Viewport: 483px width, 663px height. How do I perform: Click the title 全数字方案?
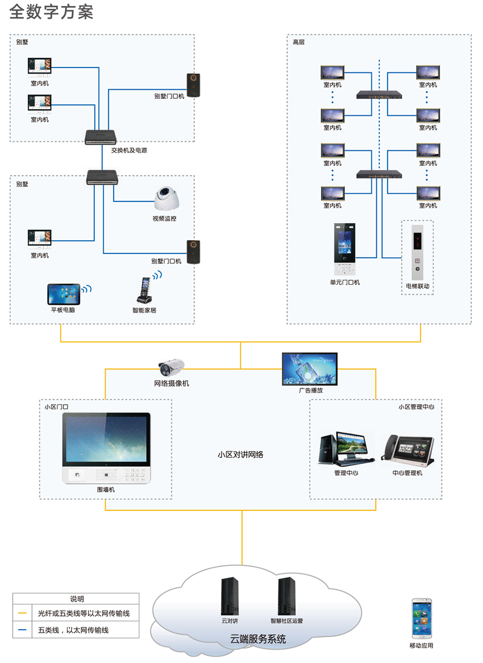coord(52,13)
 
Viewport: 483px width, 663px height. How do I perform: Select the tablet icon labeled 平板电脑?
coord(63,294)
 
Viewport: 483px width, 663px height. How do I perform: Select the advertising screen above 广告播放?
coord(310,369)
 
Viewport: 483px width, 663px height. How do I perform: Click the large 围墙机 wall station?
coord(106,448)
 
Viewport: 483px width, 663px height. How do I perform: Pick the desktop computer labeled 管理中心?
coord(343,449)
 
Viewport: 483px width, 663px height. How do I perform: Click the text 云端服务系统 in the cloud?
coord(258,639)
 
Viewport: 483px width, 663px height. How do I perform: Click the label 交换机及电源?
coord(129,150)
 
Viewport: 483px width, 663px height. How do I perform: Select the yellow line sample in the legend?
coord(22,613)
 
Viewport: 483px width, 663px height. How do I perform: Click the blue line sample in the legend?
coord(22,630)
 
